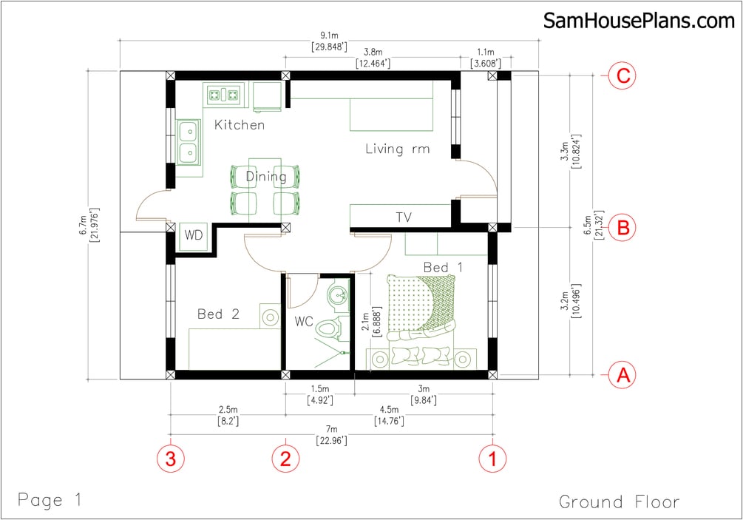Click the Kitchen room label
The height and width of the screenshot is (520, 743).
click(239, 125)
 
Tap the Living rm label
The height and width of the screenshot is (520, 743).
click(397, 149)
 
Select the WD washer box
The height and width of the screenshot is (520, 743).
click(194, 236)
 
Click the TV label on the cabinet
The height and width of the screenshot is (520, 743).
click(403, 217)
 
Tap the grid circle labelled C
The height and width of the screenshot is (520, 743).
click(622, 75)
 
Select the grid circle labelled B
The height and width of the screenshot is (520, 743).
click(622, 227)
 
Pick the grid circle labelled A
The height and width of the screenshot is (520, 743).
click(622, 376)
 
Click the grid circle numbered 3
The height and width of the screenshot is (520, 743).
click(171, 458)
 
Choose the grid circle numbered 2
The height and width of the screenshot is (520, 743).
click(285, 458)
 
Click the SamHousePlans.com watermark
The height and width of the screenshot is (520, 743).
click(639, 21)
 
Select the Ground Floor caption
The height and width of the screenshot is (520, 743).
click(619, 502)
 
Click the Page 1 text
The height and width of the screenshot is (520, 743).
click(50, 499)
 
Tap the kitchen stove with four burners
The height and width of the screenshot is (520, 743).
click(224, 94)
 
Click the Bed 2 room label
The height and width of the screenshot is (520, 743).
click(218, 314)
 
